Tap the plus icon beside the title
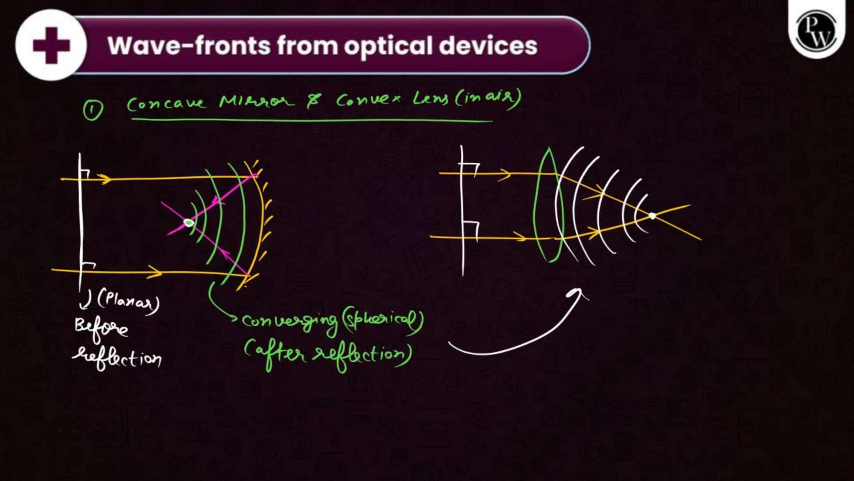click(51, 45)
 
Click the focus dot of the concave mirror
click(189, 222)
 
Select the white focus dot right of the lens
click(652, 216)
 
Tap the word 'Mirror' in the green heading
click(257, 101)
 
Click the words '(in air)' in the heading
click(487, 99)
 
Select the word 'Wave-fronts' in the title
click(189, 45)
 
